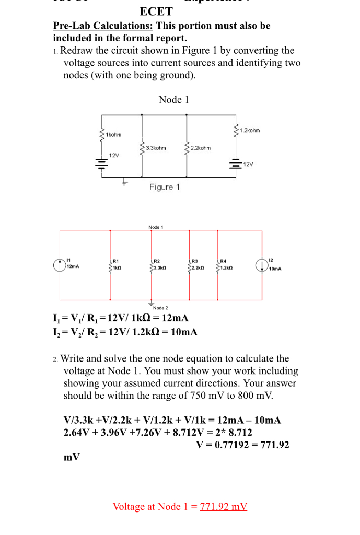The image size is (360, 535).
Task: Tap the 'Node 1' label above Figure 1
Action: tap(173, 99)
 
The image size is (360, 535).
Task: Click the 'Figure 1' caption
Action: tap(164, 187)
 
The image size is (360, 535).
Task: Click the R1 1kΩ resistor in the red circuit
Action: tap(110, 265)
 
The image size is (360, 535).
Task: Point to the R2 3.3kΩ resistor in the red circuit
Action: tap(151, 265)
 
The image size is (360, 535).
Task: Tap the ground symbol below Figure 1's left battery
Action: tap(124, 182)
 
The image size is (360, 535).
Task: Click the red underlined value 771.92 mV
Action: tap(223, 506)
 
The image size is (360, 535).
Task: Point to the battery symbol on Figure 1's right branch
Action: tap(236, 164)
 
